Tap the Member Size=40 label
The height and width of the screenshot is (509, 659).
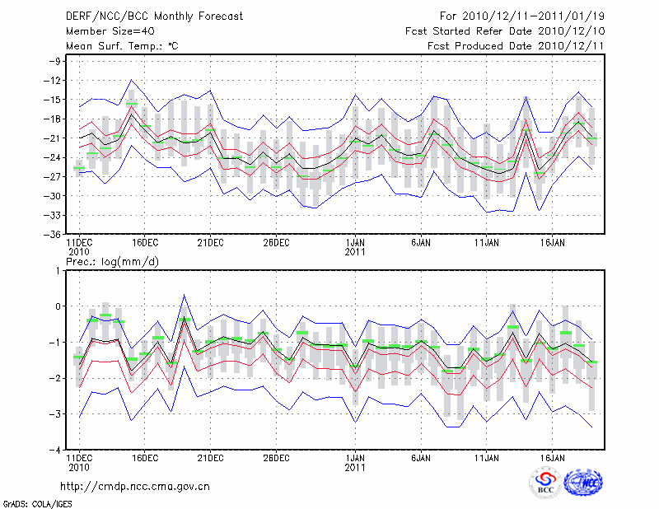(105, 31)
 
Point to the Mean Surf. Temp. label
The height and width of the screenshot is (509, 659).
(121, 46)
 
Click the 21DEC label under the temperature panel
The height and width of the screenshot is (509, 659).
(210, 243)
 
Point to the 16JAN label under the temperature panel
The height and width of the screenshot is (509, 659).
(553, 243)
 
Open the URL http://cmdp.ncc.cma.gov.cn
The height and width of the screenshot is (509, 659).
(135, 486)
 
